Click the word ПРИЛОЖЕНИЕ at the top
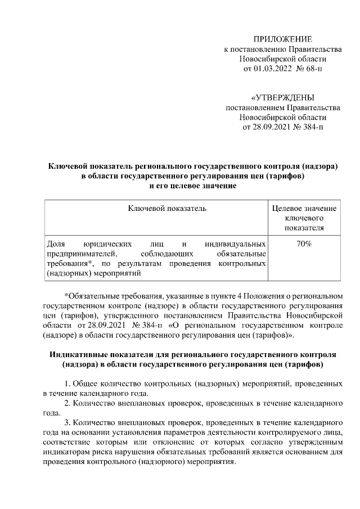tap(282, 39)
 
